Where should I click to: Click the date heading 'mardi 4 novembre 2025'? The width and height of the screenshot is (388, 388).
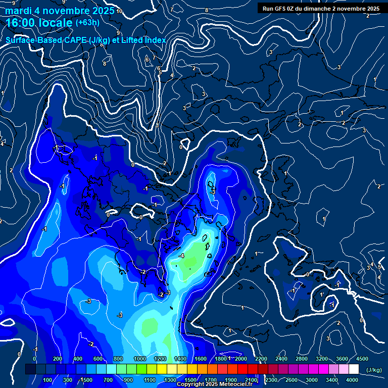tap(60, 11)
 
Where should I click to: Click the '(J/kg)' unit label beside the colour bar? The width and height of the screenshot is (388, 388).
tap(373, 370)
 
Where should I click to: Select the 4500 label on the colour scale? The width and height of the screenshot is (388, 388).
tap(362, 359)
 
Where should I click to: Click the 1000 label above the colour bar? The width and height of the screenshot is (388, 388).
tap(140, 359)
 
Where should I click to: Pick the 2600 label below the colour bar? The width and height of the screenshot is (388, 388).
tap(292, 380)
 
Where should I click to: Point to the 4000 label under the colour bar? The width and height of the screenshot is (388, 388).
tap(352, 380)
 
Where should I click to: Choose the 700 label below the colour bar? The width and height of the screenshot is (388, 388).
tap(108, 380)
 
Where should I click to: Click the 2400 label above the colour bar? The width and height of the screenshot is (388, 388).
tap(281, 359)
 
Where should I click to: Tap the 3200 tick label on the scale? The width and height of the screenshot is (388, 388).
tap(322, 359)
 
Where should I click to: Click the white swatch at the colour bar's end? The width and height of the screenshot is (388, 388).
tap(354, 369)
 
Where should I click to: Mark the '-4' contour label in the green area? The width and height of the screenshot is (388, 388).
tap(181, 256)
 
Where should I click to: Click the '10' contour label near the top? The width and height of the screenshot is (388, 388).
tap(119, 11)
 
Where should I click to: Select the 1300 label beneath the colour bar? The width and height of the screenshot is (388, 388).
tap(170, 380)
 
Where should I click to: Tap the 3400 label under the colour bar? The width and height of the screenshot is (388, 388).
tap(332, 380)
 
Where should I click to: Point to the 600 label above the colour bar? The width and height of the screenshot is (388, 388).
tap(98, 359)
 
